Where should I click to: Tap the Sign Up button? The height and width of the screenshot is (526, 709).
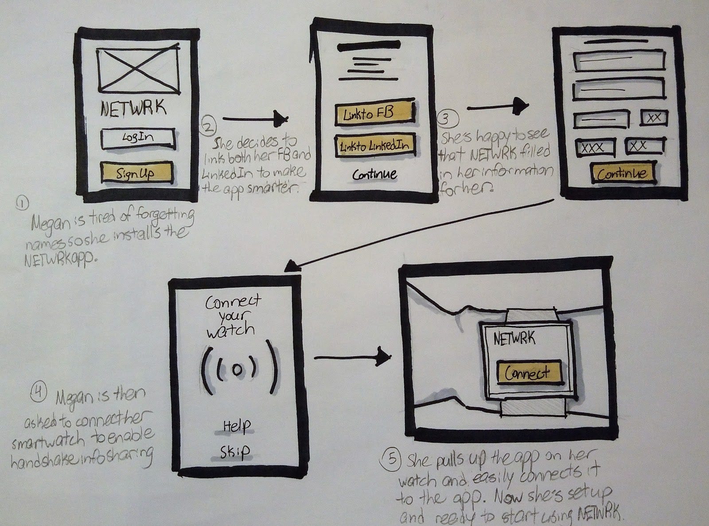[136, 173]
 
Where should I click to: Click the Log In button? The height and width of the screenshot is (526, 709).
[138, 138]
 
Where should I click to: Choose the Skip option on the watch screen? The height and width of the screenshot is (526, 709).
[234, 452]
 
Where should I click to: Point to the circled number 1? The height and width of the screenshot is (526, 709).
[22, 204]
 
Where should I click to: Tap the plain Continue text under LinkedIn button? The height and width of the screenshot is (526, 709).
[374, 174]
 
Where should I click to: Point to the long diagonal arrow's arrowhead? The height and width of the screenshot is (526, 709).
[292, 265]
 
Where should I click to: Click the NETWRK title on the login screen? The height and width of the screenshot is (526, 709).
[133, 109]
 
